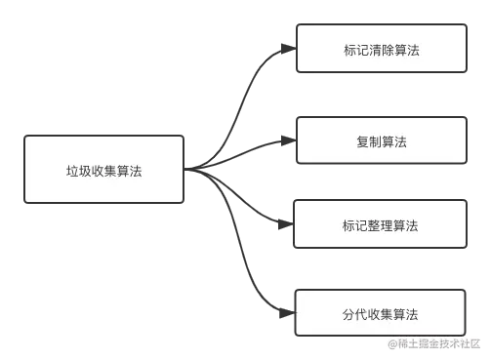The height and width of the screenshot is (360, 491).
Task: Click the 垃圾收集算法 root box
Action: (103, 170)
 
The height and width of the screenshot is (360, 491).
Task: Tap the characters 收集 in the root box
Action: (103, 170)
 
